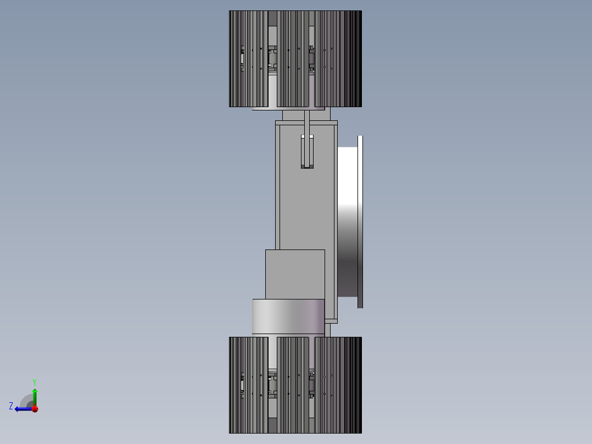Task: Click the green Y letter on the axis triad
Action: [35, 381]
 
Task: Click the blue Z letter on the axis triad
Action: [11, 406]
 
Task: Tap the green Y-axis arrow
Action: [35, 395]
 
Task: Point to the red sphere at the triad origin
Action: [35, 408]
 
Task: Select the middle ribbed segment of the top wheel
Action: [293, 82]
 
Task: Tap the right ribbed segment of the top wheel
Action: [338, 82]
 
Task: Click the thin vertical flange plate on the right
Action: [360, 220]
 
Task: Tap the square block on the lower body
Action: [295, 274]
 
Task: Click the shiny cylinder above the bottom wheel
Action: [288, 316]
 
